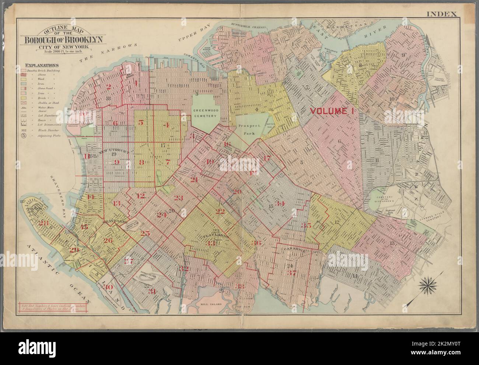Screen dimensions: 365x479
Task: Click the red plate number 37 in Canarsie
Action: click(x=293, y=273)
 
